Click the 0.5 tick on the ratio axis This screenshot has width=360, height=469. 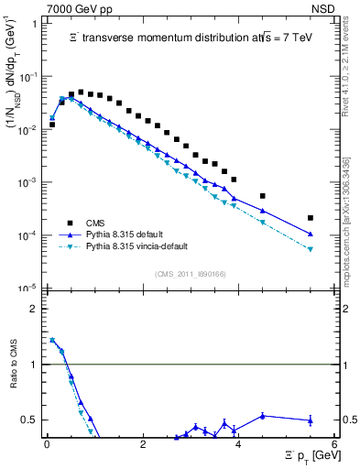point(34,420)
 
